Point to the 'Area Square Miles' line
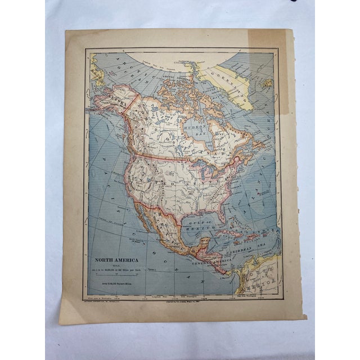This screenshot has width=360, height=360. pyautogui.click(x=116, y=285)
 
